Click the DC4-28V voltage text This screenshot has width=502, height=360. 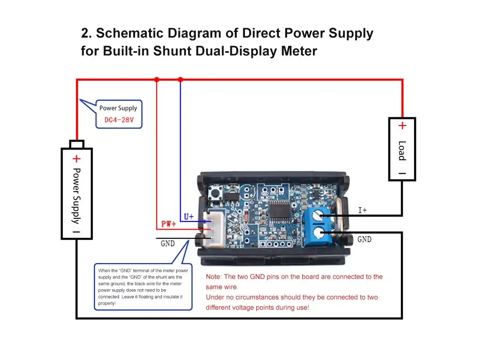pos(119,120)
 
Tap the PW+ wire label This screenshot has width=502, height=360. pos(169,224)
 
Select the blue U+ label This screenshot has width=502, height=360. pos(189,217)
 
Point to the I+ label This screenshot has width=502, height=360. pos(363,210)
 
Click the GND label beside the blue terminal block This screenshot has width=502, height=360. pos(364,239)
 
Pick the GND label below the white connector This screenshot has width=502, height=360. pos(167,243)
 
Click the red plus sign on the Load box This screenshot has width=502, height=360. pos(402,125)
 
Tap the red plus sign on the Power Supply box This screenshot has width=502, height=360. pos(76,159)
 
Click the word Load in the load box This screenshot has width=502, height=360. pos(402,150)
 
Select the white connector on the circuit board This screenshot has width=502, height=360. pos(214,229)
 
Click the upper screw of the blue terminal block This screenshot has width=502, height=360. pos(318,216)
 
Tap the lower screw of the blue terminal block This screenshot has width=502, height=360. pos(319,233)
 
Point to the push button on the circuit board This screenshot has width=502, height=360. pos(215,193)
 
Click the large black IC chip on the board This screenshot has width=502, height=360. pos(280,210)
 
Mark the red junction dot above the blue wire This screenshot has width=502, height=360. pos(180,79)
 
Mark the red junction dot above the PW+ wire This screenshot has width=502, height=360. pos(157,79)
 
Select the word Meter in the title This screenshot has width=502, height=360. pos(299,51)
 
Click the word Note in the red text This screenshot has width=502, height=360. pos(213,276)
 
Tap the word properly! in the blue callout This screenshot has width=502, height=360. pos(107,303)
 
